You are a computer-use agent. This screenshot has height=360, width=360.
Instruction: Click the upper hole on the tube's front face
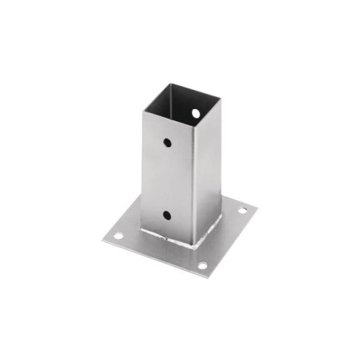click(x=168, y=143)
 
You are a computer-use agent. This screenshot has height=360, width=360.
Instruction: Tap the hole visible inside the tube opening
click(x=195, y=113)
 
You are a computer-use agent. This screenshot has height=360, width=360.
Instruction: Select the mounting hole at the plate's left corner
click(x=117, y=236)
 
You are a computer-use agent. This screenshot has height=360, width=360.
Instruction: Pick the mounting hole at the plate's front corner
click(x=202, y=265)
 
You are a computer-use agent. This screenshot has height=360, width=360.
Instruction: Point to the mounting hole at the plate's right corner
click(x=243, y=210)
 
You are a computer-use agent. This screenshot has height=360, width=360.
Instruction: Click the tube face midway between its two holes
click(x=168, y=179)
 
